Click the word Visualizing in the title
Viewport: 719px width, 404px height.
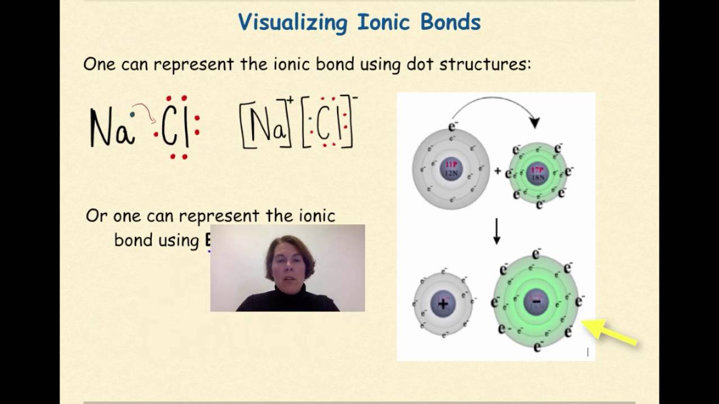pos(293,22)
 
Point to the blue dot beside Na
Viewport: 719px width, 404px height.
pos(132,115)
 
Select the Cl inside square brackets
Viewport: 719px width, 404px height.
pos(329,127)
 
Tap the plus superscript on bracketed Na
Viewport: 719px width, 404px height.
pos(290,100)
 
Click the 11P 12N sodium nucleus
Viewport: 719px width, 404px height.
pos(451,169)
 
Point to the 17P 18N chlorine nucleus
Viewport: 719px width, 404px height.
pos(538,173)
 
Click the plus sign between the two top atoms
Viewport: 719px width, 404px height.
pos(497,171)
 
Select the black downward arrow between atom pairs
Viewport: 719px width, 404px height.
pos(497,232)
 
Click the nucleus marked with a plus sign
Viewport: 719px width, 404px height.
pos(443,304)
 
